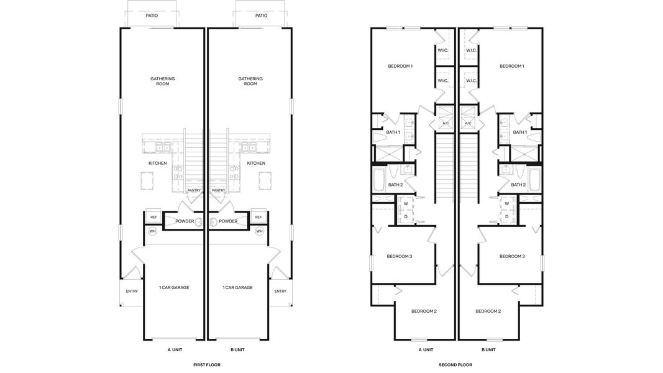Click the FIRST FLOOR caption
pos(206,365)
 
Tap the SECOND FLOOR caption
pos(455,365)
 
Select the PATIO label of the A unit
pos(152,16)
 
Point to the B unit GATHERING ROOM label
pos(250,81)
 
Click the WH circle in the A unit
pos(152,231)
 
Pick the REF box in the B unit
pos(258,217)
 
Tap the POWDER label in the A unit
pos(185,221)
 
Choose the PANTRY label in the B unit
pos(218,190)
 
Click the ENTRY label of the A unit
pos(132,291)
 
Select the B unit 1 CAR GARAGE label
pos(237,287)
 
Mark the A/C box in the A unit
pos(445,123)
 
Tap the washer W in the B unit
pos(507,203)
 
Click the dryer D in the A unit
pos(406,216)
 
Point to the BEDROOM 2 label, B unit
pos(488,311)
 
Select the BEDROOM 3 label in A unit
pos(399,256)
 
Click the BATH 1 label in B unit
pos(519,132)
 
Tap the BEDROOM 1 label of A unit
pos(400,66)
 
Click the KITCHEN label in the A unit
pos(157,163)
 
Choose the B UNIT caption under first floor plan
pos(237,350)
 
